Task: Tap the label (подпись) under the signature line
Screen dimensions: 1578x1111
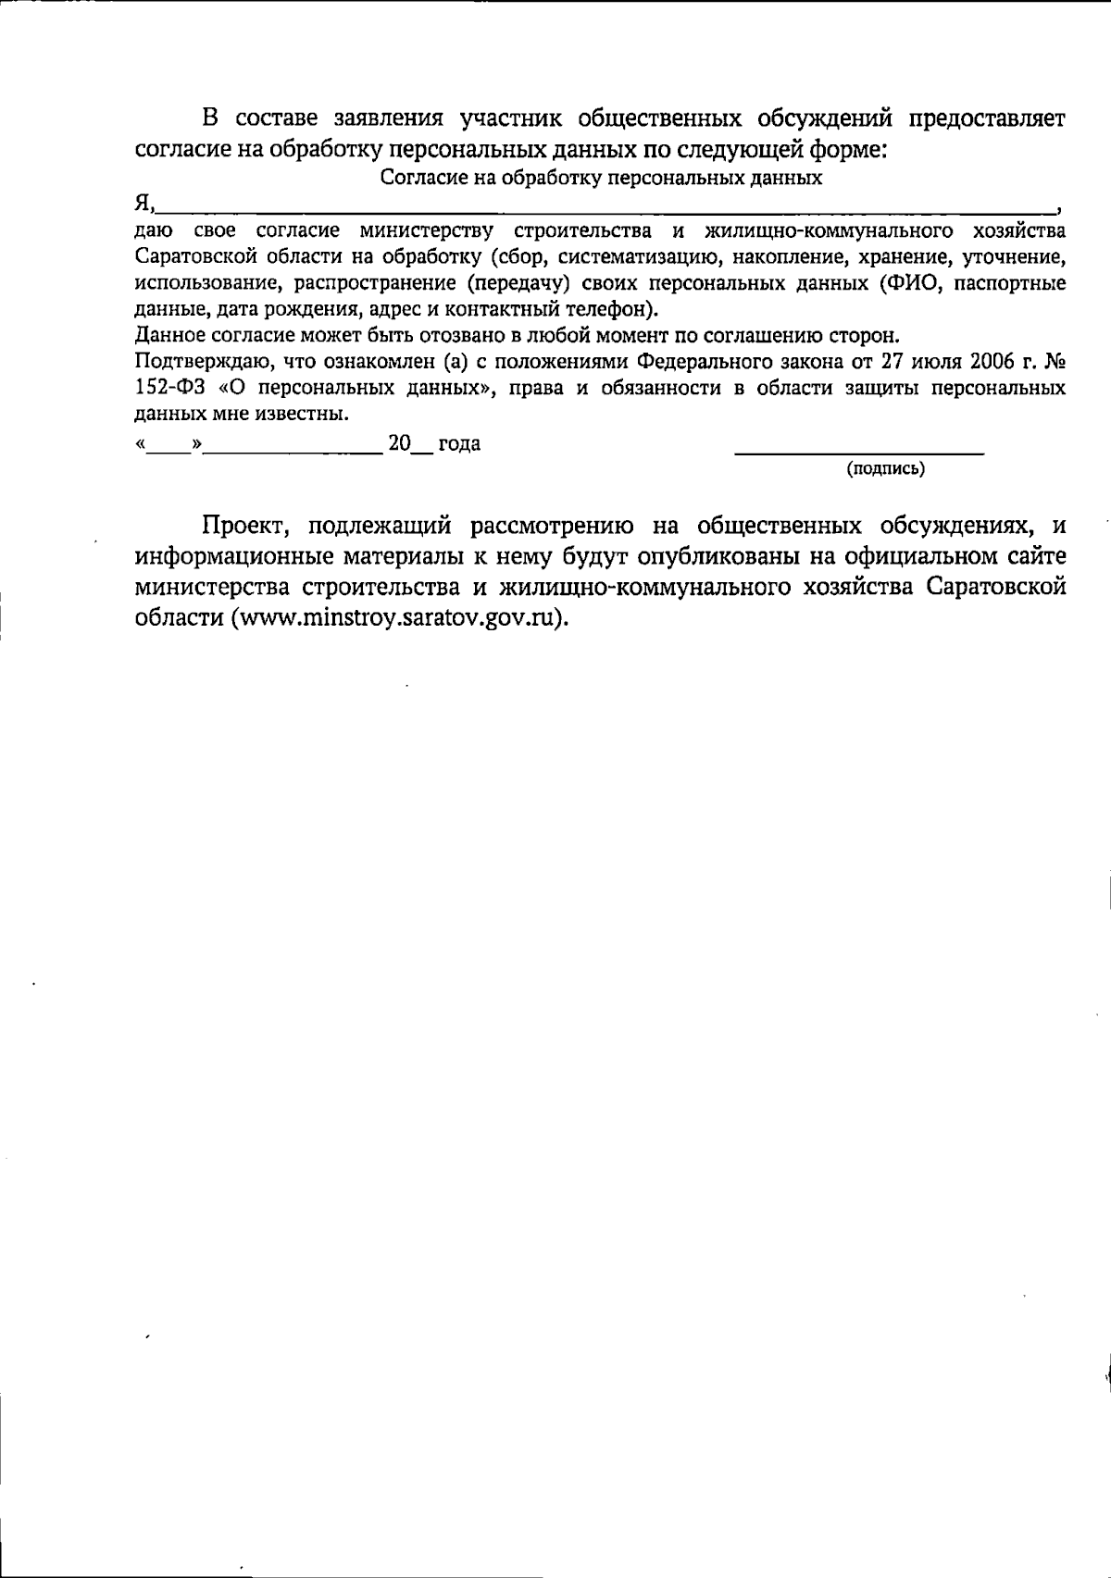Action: (885, 469)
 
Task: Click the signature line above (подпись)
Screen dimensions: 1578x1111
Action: (858, 453)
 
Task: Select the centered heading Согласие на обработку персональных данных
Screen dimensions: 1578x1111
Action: (602, 178)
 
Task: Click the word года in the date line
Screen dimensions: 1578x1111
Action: (459, 444)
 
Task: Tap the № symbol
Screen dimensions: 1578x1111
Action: (1054, 361)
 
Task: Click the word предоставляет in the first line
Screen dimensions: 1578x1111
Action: (987, 119)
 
